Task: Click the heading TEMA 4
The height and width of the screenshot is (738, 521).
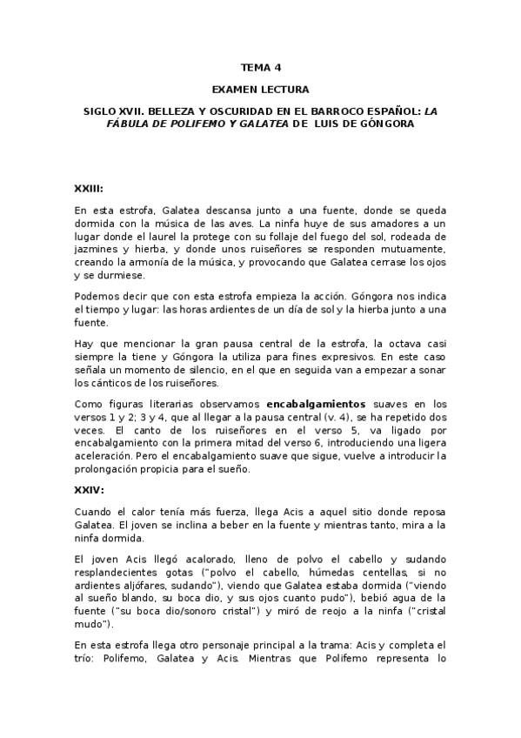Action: [x=261, y=66]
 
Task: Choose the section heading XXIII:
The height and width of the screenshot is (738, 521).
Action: [x=89, y=188]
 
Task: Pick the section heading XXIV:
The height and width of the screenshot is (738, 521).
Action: [x=89, y=489]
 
